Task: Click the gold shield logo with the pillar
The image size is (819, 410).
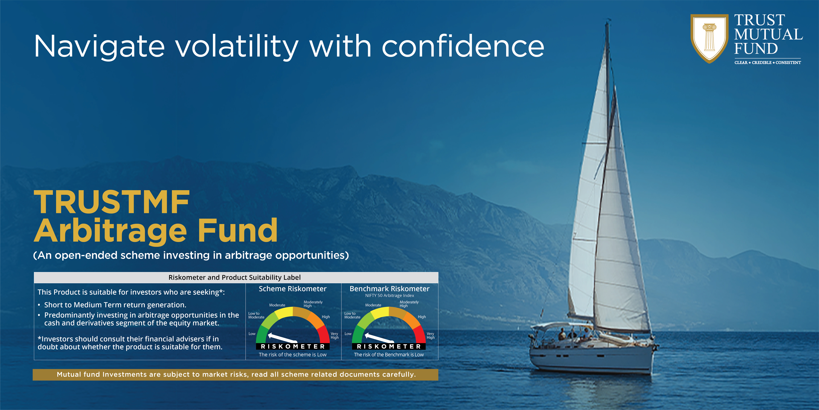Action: (709, 38)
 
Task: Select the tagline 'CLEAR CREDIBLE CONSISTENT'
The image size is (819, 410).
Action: (768, 63)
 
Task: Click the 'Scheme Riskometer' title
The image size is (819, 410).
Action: (292, 289)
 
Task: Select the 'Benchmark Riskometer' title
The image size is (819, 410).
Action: (390, 289)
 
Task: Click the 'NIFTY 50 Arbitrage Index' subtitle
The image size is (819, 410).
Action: (390, 295)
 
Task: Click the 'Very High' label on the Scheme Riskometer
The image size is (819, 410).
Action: (334, 336)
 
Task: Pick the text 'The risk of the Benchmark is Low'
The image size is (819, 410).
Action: (389, 355)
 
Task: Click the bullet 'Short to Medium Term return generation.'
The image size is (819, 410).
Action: (115, 305)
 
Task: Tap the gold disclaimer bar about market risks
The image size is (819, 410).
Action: (235, 375)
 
